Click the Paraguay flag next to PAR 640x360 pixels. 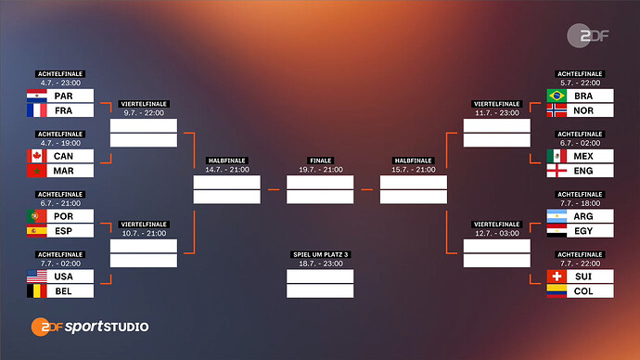(37, 96)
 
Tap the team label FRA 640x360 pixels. (63, 110)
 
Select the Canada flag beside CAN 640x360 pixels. (37, 156)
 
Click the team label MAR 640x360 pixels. (63, 171)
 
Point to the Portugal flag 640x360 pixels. (37, 216)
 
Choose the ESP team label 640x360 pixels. (63, 231)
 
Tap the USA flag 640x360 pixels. (37, 276)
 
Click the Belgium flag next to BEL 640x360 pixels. (37, 291)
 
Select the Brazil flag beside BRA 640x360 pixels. (557, 96)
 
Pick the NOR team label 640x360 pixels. (583, 110)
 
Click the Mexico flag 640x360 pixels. (557, 156)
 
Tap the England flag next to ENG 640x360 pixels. (557, 171)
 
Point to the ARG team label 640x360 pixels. (583, 216)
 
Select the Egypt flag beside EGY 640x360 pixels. (557, 231)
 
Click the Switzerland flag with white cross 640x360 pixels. (557, 276)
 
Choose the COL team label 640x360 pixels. (583, 291)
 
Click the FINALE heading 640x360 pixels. (320, 161)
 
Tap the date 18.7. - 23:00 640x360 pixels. (321, 264)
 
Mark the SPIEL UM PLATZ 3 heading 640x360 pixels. (320, 255)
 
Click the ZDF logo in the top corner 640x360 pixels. (588, 35)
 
